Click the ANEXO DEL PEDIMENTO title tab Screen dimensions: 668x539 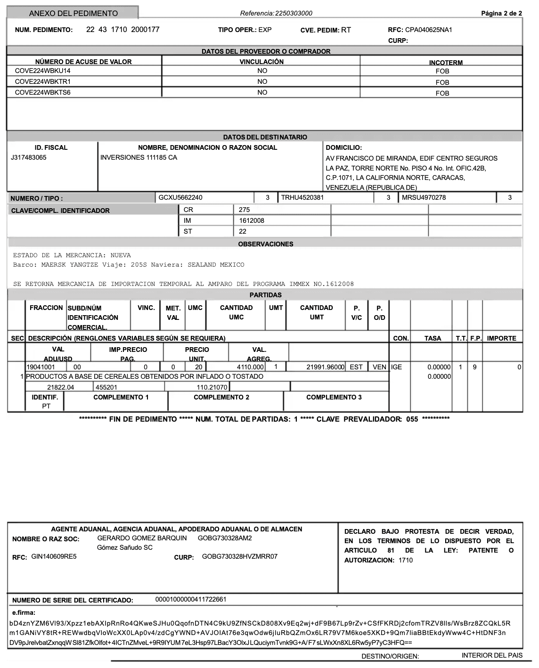[73, 13]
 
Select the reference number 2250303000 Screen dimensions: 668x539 [294, 13]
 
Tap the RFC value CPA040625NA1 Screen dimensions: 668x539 [428, 30]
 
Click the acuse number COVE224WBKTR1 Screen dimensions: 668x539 [43, 81]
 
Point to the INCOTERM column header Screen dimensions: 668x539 [446, 63]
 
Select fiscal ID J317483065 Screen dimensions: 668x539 [29, 157]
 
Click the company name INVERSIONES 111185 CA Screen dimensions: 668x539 [139, 157]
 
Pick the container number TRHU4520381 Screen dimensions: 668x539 [302, 197]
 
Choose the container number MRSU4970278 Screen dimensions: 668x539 [424, 197]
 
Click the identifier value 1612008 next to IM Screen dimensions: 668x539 [252, 220]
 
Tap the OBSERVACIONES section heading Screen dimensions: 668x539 [266, 244]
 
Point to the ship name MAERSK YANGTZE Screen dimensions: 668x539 [70, 265]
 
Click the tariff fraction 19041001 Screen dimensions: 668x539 [41, 367]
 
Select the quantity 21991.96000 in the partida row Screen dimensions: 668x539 [326, 367]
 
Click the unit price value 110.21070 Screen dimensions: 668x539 [212, 387]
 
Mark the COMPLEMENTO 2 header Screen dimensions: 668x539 [221, 397]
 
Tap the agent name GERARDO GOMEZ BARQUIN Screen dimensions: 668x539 [142, 538]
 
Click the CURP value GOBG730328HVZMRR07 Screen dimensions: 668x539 [240, 556]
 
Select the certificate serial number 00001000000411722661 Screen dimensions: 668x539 [191, 599]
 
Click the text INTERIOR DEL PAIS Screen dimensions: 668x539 [492, 655]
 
